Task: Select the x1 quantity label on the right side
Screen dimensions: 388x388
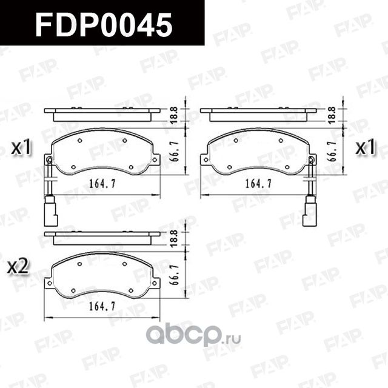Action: pyautogui.click(x=365, y=147)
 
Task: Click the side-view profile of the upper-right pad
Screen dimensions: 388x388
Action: pyautogui.click(x=258, y=115)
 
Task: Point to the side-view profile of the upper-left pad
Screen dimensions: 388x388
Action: pyautogui.click(x=102, y=115)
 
